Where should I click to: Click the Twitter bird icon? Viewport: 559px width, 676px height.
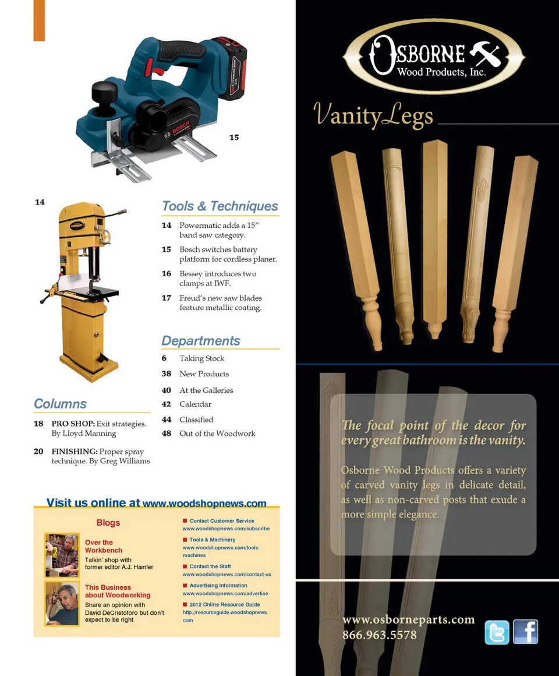pyautogui.click(x=497, y=632)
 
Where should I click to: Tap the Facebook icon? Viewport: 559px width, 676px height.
pyautogui.click(x=525, y=632)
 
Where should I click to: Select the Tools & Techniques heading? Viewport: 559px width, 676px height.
pyautogui.click(x=220, y=206)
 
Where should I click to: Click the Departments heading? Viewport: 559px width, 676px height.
pyautogui.click(x=201, y=340)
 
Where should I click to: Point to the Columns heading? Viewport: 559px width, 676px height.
pyautogui.click(x=61, y=403)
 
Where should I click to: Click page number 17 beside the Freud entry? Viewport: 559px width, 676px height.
pyautogui.click(x=166, y=298)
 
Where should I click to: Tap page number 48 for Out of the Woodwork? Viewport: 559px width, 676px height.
pyautogui.click(x=166, y=433)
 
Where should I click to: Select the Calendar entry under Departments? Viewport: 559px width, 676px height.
pyautogui.click(x=196, y=404)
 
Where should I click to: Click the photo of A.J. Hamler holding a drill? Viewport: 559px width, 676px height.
pyautogui.click(x=62, y=555)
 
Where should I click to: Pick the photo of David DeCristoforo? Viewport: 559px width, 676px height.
pyautogui.click(x=62, y=604)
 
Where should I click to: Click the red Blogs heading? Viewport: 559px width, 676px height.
pyautogui.click(x=108, y=523)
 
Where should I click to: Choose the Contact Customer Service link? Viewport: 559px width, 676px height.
pyautogui.click(x=222, y=521)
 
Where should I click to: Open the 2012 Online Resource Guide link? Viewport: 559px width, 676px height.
pyautogui.click(x=225, y=604)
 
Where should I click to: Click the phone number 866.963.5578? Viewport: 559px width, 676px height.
pyautogui.click(x=380, y=635)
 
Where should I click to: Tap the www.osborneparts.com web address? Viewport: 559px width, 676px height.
pyautogui.click(x=408, y=620)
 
